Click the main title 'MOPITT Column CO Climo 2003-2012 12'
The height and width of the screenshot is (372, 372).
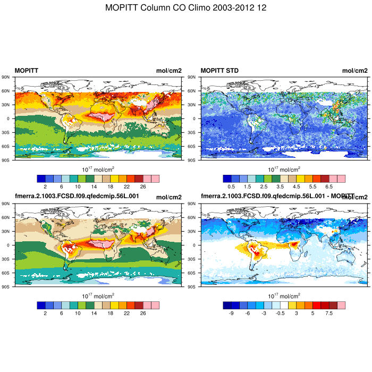[186, 8]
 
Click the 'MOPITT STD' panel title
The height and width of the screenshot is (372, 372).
[219, 71]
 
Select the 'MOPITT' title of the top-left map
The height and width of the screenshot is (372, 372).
[26, 71]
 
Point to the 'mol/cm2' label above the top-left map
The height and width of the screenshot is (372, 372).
[168, 71]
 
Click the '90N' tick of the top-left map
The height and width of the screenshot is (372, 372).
[7, 77]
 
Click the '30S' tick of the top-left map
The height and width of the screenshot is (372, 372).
[7, 132]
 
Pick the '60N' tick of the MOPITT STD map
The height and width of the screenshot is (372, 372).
[193, 91]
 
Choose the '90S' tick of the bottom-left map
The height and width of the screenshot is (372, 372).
[7, 286]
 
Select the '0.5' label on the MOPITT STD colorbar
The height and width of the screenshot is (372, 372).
[231, 187]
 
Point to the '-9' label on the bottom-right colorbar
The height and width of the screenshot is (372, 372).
[231, 314]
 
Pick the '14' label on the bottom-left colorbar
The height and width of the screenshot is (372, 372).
[94, 314]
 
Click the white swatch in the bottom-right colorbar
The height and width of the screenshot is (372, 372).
[284, 305]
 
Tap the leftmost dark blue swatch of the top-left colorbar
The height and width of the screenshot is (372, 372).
[41, 179]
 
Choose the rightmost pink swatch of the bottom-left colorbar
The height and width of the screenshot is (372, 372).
[155, 305]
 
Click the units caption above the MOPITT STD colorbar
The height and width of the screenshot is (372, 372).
[284, 170]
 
